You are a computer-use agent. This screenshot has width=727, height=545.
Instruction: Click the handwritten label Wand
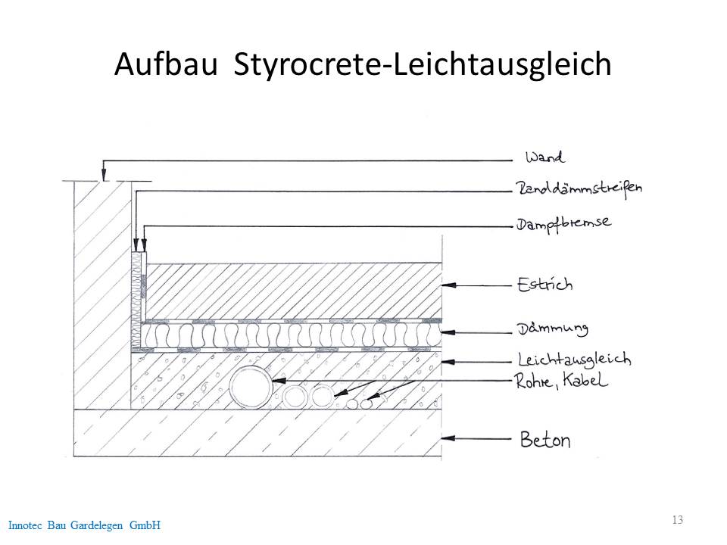[544, 157]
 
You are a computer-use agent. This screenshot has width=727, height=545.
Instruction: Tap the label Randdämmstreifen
[579, 188]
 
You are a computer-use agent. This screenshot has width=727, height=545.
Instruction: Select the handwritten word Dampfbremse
[563, 224]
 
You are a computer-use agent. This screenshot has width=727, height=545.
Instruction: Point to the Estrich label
[544, 284]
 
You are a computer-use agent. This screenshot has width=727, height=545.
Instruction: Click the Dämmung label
[553, 329]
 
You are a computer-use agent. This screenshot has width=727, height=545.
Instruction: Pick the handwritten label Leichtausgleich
[575, 360]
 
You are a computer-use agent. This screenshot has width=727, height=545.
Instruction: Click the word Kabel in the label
[585, 380]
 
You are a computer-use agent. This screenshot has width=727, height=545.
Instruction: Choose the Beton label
[544, 439]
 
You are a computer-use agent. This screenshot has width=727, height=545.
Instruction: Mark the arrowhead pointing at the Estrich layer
[449, 285]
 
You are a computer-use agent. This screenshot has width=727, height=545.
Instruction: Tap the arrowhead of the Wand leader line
[104, 175]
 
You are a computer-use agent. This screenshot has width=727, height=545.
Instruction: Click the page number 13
[677, 519]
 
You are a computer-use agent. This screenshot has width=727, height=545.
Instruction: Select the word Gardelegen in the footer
[96, 525]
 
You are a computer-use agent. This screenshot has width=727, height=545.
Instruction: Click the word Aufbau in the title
[166, 64]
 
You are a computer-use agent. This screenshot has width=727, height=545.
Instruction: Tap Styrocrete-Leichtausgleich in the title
[423, 65]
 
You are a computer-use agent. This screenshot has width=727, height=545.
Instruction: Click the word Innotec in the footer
[25, 525]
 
